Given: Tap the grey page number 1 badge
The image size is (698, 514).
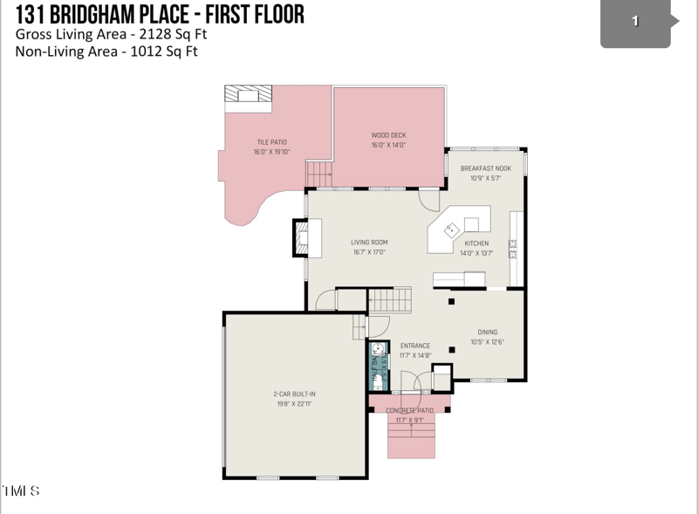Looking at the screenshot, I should (635, 22).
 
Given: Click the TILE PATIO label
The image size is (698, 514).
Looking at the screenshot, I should (271, 142).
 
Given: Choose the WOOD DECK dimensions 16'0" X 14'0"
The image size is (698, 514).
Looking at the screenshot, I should (388, 145).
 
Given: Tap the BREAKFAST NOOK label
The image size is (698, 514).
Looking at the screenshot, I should (486, 168).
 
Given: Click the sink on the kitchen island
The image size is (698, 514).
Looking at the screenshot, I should (452, 230).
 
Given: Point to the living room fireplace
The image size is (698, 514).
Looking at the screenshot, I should (300, 237).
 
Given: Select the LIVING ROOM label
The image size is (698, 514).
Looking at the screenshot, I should (369, 243).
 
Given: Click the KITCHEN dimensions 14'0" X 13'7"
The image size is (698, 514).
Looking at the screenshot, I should (476, 253).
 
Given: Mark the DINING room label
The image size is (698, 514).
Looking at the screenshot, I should (487, 332).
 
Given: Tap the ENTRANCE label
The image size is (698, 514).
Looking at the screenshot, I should (414, 346).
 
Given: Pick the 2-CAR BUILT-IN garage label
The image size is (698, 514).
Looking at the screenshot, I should (294, 394).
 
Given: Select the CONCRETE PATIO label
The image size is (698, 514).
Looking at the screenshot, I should (409, 410).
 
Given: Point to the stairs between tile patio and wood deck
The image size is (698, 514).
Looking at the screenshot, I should (320, 173).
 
